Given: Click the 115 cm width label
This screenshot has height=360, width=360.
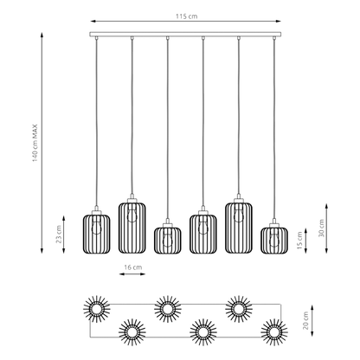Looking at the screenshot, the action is coord(187,16).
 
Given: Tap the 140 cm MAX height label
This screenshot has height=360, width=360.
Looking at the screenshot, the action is coord(35,143).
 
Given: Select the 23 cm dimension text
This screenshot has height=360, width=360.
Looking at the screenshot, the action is coord(59,235).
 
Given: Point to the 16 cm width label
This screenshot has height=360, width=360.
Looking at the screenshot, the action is coord(133,267).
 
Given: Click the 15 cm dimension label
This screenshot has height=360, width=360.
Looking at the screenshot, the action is coord(299,241).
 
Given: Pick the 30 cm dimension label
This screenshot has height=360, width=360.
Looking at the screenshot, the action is coord(321,228).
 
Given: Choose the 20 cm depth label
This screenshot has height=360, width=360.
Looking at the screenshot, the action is coord(306,320).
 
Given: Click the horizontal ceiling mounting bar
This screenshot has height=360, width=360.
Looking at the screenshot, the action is coord(185,35).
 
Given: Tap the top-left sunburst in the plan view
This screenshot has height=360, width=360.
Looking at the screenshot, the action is coord(97,309).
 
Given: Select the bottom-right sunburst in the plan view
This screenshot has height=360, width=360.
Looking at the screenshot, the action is coord(274,332).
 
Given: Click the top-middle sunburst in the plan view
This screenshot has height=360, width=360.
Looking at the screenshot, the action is coord(168,309).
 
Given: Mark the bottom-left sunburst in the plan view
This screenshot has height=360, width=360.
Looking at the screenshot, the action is coord(132,332).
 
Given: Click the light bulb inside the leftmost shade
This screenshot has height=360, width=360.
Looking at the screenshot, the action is coord(97,227).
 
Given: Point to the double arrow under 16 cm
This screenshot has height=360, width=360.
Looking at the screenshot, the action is coord(132,274).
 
